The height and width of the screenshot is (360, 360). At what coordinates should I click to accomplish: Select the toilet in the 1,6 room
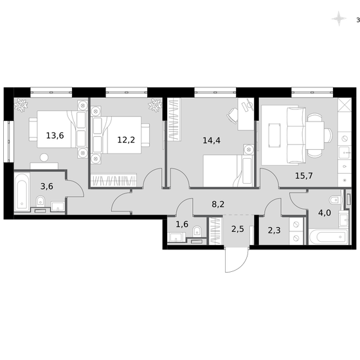pos(199,231)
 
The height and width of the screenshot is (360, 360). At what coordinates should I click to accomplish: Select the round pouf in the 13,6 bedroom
pos(44,157)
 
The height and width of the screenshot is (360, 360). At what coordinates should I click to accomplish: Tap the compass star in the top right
pos(337,19)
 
